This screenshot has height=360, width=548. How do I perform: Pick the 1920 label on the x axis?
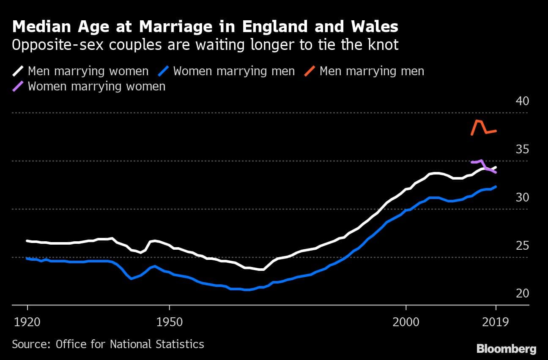[x=27, y=323]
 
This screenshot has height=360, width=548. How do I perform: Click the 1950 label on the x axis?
[x=170, y=323]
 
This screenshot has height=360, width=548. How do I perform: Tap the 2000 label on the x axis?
[x=406, y=323]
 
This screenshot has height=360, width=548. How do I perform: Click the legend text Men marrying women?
[x=88, y=71]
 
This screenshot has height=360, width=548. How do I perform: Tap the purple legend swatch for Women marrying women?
[x=19, y=86]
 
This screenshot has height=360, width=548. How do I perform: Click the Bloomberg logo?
[x=506, y=349]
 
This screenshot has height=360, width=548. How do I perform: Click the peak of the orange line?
[x=477, y=121]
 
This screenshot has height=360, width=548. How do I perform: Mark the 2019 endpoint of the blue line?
[x=496, y=186]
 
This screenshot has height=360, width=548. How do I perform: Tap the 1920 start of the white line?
[x=27, y=241]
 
